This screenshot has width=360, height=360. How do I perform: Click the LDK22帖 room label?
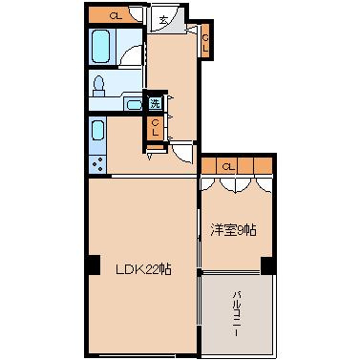143,270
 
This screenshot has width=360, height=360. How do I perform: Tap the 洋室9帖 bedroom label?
233,230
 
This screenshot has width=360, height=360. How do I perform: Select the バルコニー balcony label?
236,314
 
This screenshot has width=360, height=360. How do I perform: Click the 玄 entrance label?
163,20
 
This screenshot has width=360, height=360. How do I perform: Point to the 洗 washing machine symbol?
155,103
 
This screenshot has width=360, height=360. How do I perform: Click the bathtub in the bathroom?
101,46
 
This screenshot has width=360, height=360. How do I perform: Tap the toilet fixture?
98,86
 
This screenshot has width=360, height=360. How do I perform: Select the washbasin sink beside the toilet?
134,104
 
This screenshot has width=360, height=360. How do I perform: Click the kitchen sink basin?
98,131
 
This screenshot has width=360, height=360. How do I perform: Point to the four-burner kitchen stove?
97,163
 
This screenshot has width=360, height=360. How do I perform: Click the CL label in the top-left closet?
116,16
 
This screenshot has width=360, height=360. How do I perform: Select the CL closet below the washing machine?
156,128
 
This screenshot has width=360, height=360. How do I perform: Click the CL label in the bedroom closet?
227,166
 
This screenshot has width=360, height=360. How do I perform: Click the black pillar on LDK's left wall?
93,265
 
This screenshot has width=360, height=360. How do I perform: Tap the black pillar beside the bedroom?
268,265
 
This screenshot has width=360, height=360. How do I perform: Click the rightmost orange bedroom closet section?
264,166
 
